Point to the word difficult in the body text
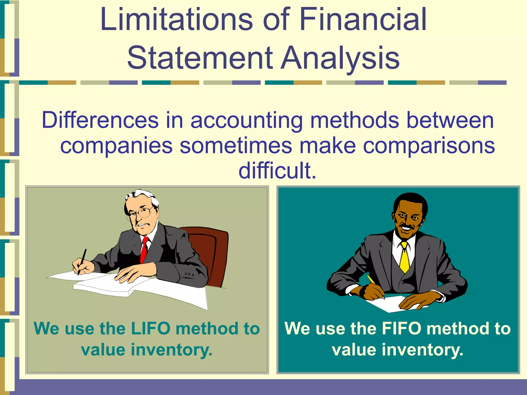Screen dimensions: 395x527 (277, 170)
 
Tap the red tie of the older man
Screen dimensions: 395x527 (144, 249)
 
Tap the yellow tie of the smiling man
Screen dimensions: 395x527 (405, 257)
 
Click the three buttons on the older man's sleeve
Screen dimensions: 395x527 (189, 274)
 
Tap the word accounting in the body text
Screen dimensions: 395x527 (246, 120)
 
